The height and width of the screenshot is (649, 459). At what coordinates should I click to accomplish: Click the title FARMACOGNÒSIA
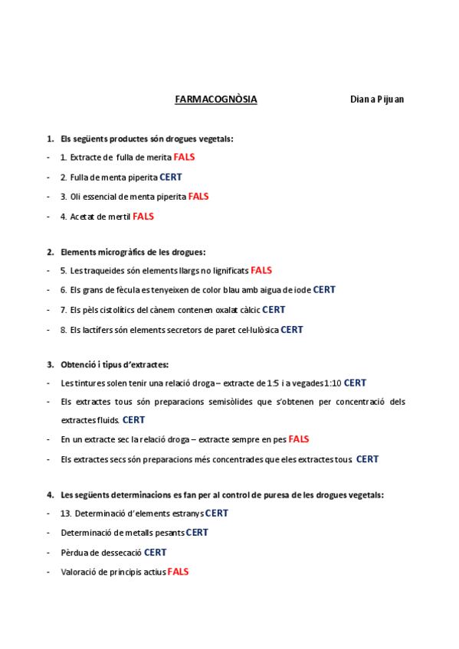click(x=216, y=99)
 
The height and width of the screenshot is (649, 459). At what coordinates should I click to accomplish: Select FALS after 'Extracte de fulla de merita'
click(x=185, y=157)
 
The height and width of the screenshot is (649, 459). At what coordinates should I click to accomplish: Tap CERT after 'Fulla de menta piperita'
click(x=171, y=177)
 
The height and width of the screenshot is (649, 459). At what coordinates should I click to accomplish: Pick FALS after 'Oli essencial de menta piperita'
click(x=198, y=197)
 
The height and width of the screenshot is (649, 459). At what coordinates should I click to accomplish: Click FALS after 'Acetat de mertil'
click(x=143, y=217)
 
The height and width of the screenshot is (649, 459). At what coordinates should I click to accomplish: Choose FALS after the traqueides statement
click(x=261, y=270)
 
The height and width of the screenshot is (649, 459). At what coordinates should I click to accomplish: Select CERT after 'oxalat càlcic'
click(x=274, y=310)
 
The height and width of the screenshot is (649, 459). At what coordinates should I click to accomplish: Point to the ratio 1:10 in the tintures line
click(x=333, y=383)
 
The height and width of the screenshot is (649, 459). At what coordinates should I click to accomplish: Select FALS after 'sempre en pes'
click(x=299, y=439)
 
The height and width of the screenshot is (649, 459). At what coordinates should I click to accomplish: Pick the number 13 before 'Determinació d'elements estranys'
click(x=65, y=514)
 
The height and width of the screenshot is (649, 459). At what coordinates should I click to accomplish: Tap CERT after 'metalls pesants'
click(x=197, y=533)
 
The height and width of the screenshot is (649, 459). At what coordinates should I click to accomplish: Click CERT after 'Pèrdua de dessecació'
click(x=156, y=553)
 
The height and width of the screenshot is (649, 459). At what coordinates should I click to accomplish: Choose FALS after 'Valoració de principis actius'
click(x=178, y=572)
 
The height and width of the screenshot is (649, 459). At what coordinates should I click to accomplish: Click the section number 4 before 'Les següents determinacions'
click(x=50, y=495)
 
